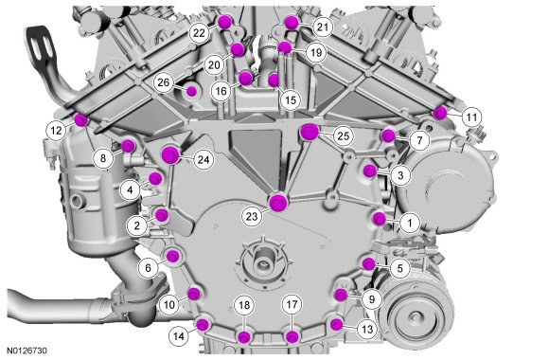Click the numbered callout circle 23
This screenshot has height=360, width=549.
(x=252, y=216)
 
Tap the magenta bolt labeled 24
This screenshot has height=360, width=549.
(x=171, y=154)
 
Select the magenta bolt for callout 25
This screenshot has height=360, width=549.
(x=310, y=132)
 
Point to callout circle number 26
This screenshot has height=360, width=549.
(x=164, y=82)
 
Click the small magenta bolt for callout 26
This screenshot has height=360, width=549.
(x=191, y=91)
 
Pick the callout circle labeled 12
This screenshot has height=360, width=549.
(x=56, y=131)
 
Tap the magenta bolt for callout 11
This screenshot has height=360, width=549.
(x=440, y=113)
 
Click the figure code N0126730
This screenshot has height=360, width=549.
(x=27, y=351)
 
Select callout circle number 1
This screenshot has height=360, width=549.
(x=410, y=223)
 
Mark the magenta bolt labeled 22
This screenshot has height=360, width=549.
(x=224, y=22)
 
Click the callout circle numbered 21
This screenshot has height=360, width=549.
(x=323, y=27)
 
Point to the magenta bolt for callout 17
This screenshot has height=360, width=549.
(x=292, y=337)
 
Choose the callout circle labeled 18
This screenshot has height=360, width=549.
(x=244, y=305)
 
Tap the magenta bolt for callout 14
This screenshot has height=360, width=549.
(x=203, y=325)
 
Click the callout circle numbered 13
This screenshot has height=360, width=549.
(x=367, y=329)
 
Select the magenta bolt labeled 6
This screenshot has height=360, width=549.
(x=172, y=256)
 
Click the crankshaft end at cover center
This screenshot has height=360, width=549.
(x=261, y=261)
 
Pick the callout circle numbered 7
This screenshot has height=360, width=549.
(x=419, y=140)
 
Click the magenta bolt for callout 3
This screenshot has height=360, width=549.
(x=369, y=171)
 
